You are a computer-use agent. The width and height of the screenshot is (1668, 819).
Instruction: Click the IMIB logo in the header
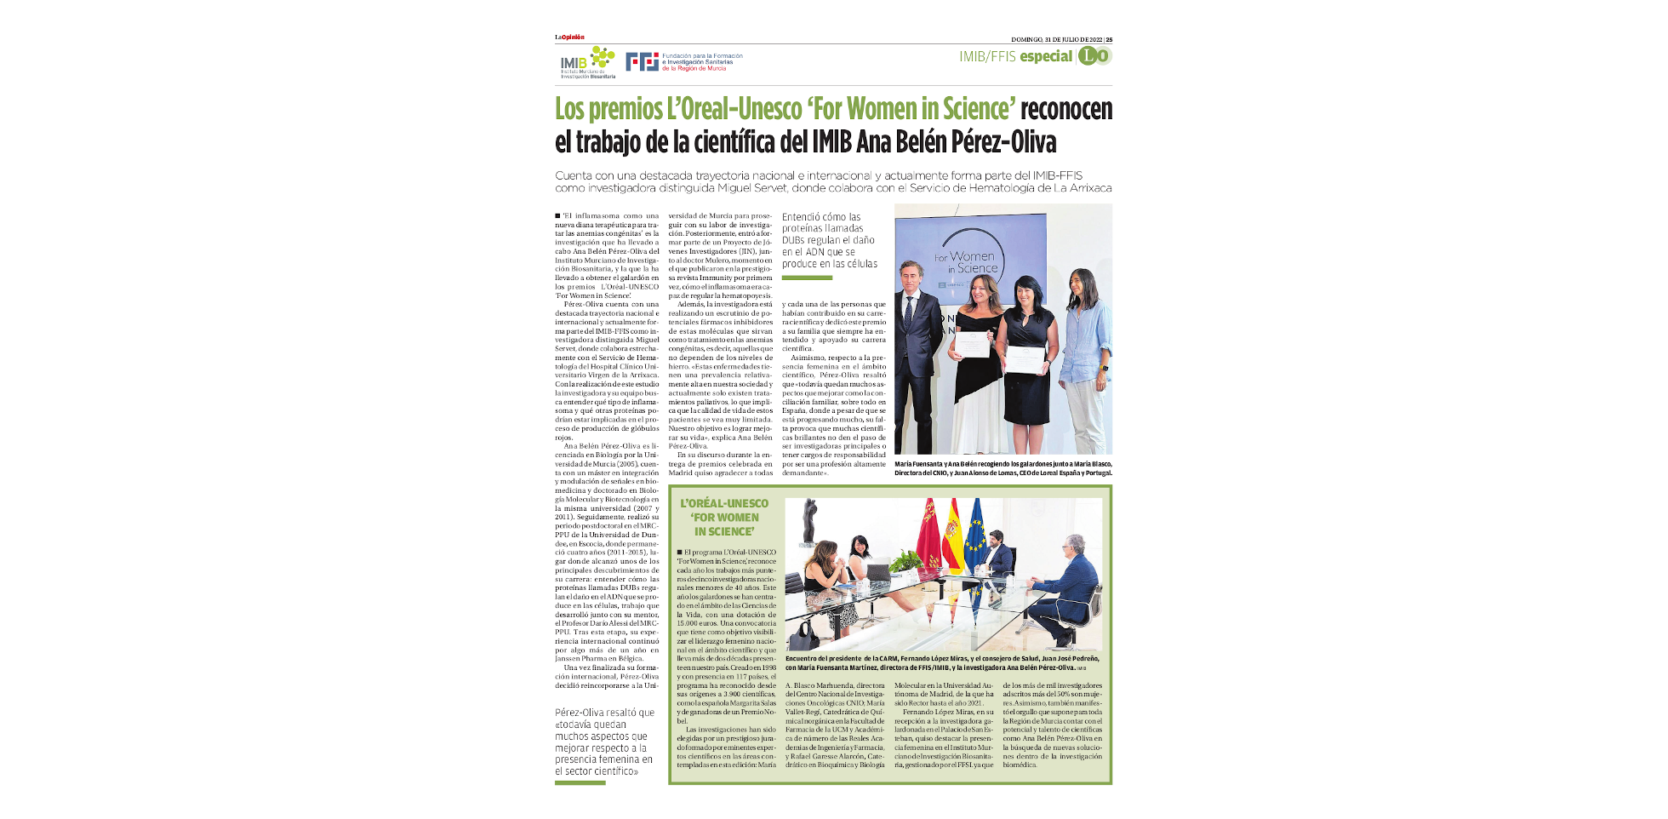coord(586,61)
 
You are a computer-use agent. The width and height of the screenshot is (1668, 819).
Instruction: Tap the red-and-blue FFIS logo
coord(642,61)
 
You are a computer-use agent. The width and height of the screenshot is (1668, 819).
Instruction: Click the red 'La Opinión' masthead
coord(569,37)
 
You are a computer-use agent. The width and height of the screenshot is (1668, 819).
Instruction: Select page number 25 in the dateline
coord(1109,39)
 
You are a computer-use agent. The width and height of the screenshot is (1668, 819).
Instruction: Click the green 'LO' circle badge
coord(1094,56)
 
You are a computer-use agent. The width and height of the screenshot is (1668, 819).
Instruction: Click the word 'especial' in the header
coord(1046,56)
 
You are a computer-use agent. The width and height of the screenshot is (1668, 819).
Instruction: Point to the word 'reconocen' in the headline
coord(1065,109)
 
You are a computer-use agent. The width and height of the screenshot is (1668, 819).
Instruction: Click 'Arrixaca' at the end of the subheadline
coord(1088,188)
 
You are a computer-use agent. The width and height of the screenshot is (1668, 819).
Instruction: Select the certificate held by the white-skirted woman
coord(972,344)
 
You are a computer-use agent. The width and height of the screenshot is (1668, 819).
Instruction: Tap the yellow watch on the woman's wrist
coord(1105,369)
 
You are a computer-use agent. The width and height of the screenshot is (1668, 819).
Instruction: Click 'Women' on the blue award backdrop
coord(972,255)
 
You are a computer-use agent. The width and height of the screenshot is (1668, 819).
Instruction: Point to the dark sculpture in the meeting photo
coord(809,521)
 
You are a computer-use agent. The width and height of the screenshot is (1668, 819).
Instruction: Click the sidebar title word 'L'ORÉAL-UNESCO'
coord(724,503)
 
